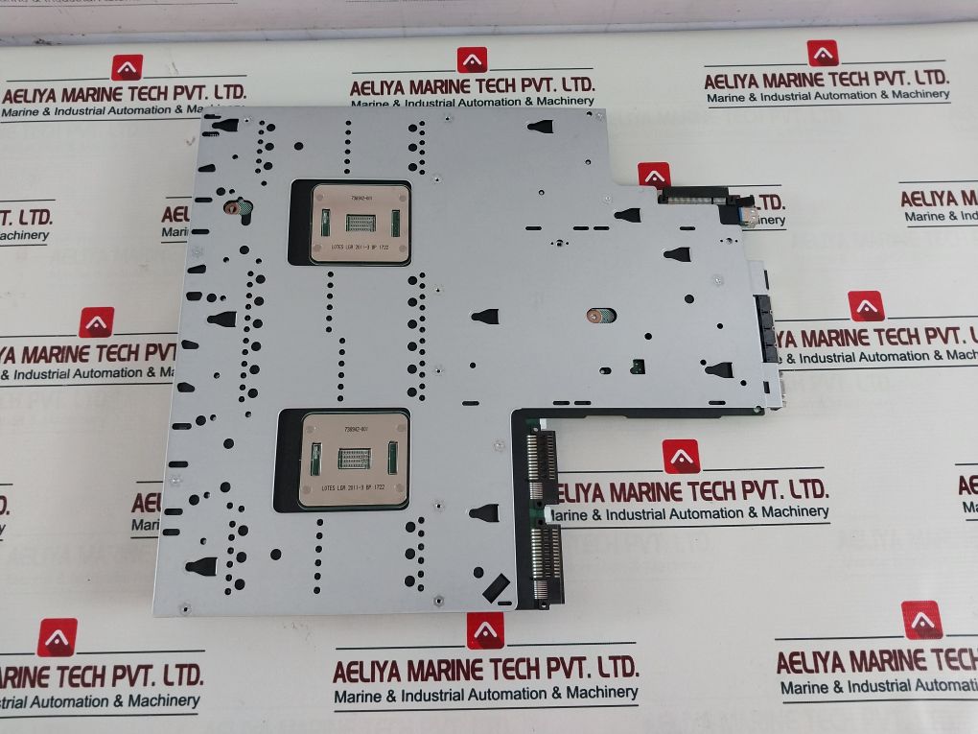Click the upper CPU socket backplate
point(361,223)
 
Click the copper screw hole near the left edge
point(231,206)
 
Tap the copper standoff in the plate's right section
point(594,314)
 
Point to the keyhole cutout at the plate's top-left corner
point(224,124)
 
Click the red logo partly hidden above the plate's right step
point(654,175)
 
